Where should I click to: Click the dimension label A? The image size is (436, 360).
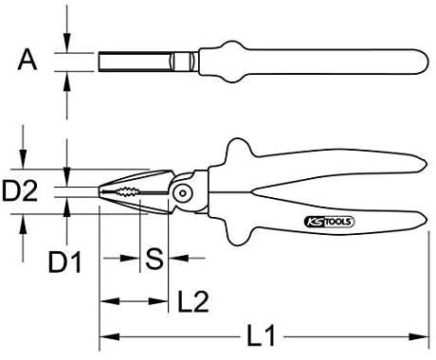pos(27,62)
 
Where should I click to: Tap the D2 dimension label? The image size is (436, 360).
pos(20,190)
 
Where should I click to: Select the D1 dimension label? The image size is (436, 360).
pos(65,262)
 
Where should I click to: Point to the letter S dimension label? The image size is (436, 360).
pos(154,259)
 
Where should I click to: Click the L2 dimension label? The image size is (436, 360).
pos(193,301)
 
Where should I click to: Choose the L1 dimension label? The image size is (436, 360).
pos(261,335)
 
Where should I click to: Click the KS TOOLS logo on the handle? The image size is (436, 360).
pos(329,222)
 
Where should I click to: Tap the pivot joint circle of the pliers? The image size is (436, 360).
pos(183,192)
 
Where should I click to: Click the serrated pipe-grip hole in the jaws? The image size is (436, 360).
pos(128,191)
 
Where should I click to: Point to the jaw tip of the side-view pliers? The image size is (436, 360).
pos(100,191)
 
